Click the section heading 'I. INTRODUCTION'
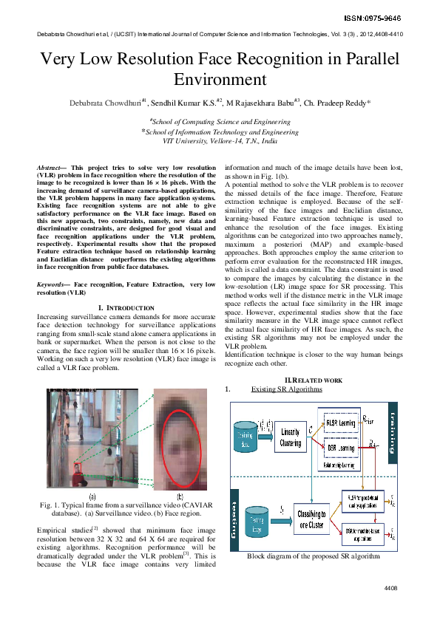126,307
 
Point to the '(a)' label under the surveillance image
91,497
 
